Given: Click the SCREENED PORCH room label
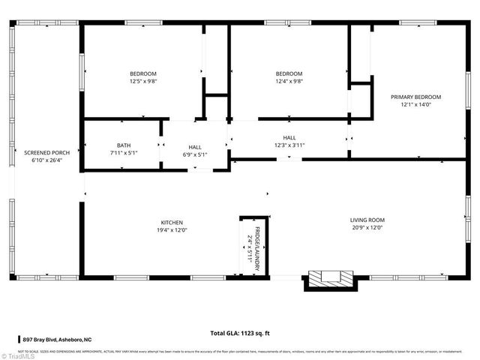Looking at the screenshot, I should (x=46, y=152).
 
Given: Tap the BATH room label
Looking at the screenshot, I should (x=124, y=145).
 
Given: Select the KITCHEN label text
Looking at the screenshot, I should (x=172, y=222).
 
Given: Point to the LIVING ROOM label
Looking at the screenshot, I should (x=367, y=220).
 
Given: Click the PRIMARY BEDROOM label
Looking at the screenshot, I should (x=415, y=97).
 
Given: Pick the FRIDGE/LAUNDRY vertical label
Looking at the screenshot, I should (x=257, y=242).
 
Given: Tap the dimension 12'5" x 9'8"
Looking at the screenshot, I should (x=142, y=81).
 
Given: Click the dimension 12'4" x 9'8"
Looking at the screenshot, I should (x=289, y=81).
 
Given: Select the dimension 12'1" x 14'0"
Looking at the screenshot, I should (x=415, y=105).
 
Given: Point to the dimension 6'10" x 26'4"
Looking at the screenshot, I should (x=46, y=160).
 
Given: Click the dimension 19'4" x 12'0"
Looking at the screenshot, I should (x=172, y=230).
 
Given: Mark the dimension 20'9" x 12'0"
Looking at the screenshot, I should (x=367, y=228).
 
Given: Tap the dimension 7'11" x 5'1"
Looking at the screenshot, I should (x=124, y=153).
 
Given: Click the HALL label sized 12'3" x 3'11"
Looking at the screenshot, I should (x=289, y=137).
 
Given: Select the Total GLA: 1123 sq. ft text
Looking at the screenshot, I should (x=240, y=332).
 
